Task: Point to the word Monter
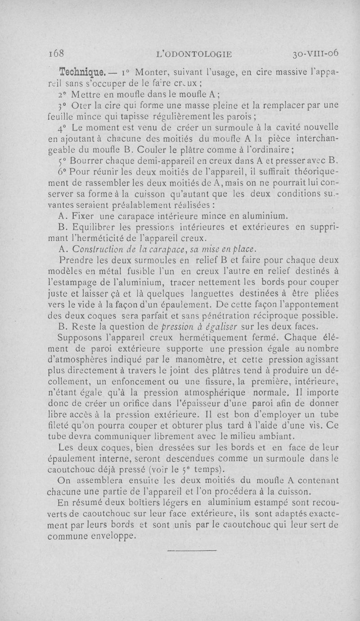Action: (154, 72)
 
